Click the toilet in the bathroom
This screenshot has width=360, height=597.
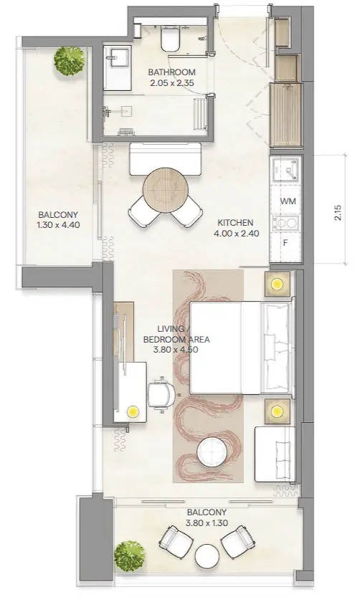coord(170,39)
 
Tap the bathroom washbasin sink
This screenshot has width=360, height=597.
coord(118,57)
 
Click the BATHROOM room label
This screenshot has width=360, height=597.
coord(171,72)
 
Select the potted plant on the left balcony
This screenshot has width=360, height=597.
coord(70,62)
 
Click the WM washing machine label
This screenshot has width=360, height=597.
coord(288,201)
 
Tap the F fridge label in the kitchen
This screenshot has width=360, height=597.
coord(285,242)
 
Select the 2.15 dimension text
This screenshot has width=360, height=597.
coord(339,214)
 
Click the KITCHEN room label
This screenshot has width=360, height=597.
coord(235,223)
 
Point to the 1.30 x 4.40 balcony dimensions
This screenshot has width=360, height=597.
coord(58,225)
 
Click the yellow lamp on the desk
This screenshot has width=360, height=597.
coord(133,411)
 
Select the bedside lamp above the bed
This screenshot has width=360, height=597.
coord(277,284)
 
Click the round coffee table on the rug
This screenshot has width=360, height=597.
coord(212,453)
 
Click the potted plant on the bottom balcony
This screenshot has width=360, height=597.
coord(130,556)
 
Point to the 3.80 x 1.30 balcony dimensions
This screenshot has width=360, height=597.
coord(207,523)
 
